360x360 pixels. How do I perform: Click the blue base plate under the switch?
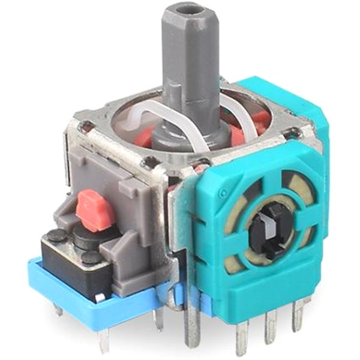(x=90, y=306)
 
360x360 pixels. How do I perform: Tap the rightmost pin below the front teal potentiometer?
(x=298, y=314)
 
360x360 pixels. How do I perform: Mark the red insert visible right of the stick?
(x=255, y=123)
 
